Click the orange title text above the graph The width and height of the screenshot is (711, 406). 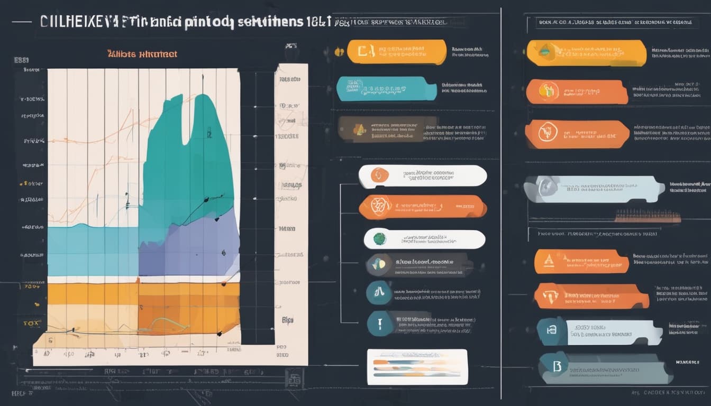pos(142,54)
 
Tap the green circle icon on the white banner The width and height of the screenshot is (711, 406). pos(379,239)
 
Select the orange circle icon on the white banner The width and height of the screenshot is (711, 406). pos(379,175)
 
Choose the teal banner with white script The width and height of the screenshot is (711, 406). pos(386,88)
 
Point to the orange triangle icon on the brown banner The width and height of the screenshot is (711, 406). pos(360,130)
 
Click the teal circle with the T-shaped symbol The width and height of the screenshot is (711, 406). pos(379,292)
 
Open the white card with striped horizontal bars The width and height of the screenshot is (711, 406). pos(417,366)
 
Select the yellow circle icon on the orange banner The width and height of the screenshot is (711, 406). pos(548,91)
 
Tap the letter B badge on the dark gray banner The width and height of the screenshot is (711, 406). pos(557,366)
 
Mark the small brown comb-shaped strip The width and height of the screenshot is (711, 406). pos(648,216)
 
